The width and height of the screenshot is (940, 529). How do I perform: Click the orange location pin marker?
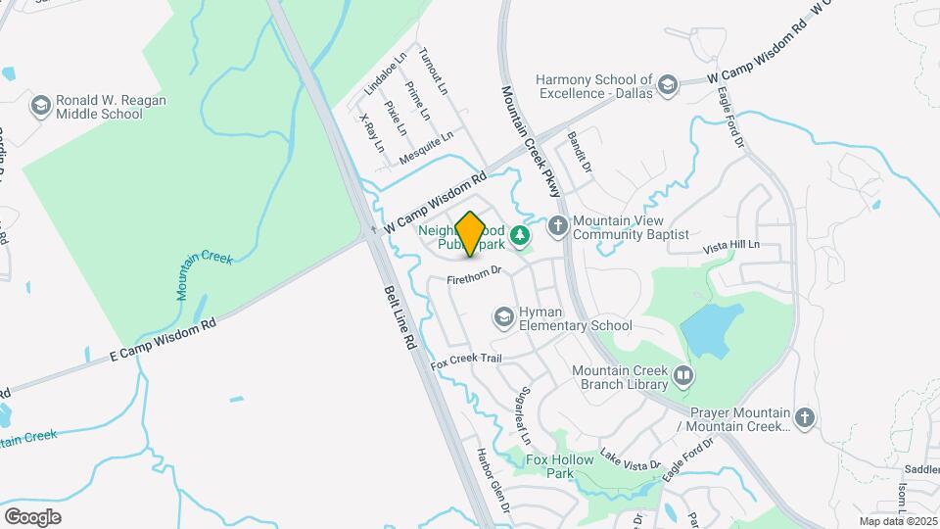470,234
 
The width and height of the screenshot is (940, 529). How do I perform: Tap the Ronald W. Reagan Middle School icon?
41,105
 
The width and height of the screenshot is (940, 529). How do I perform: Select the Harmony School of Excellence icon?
669,84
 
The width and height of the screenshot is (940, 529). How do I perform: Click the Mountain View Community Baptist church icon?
558,227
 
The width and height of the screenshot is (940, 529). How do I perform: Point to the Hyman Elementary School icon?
503,316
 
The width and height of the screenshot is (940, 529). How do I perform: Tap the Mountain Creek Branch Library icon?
682,374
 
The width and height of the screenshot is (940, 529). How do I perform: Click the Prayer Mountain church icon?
805,418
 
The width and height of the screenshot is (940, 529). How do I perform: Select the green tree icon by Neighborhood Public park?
520,235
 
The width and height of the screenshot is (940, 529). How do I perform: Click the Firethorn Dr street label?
474,276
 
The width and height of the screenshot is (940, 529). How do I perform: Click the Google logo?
32,516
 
